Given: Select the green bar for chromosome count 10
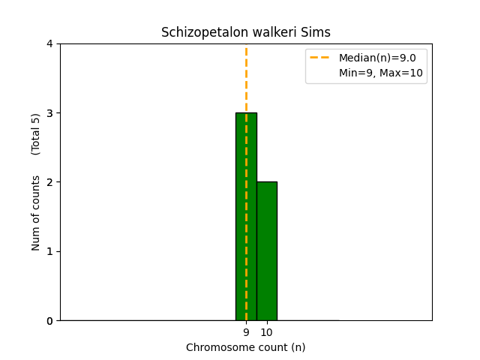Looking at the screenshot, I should (x=266, y=250).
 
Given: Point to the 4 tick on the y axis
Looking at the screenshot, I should (x=49, y=43).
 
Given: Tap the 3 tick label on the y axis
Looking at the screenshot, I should (x=49, y=113).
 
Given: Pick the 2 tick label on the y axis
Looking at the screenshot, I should (x=49, y=182).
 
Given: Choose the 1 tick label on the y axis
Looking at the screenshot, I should (x=49, y=251).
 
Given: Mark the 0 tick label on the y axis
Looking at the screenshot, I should (x=49, y=320).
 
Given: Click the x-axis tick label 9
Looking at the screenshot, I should (x=246, y=332).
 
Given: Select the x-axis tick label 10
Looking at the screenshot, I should (x=266, y=332).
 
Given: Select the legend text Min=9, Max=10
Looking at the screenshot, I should (x=381, y=73).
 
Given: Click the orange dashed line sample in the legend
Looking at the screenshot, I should (x=322, y=58).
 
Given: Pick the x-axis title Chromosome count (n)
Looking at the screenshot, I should (x=246, y=347).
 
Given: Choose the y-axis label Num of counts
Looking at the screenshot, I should (x=36, y=213).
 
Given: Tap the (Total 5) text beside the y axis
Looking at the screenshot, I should (x=36, y=134).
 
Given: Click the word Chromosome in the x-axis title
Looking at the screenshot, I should (x=214, y=347).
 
